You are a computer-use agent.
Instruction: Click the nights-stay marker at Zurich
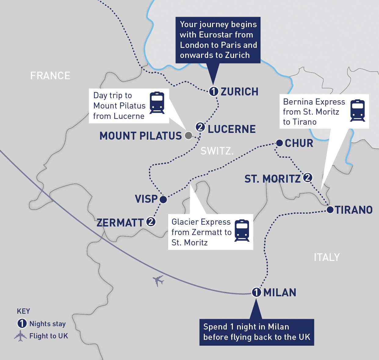point(214,91)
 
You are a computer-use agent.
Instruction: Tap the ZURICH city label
point(240,91)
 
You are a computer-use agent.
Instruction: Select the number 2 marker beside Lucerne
point(200,127)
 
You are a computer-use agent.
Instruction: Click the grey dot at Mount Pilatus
point(189,135)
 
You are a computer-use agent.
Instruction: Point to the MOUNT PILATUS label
point(141,136)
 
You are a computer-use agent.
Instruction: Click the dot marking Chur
point(279,143)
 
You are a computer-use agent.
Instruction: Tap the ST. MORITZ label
point(273,179)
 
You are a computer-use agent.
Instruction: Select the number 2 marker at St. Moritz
point(307,177)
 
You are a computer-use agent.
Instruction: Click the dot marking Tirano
point(330,210)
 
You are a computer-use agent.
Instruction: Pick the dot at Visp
point(163,199)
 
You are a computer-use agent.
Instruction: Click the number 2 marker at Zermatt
point(151,222)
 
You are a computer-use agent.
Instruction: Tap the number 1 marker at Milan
point(256,292)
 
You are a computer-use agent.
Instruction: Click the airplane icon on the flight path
point(158,280)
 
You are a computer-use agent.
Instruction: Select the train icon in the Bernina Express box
point(358,110)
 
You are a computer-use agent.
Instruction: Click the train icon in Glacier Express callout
point(242,230)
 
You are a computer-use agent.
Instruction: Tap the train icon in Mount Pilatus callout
point(157,103)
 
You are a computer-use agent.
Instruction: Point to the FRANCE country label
point(50,76)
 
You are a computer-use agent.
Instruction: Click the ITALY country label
point(327,258)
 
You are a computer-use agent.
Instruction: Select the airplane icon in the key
point(20,336)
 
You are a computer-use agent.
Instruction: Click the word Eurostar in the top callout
point(216,35)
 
